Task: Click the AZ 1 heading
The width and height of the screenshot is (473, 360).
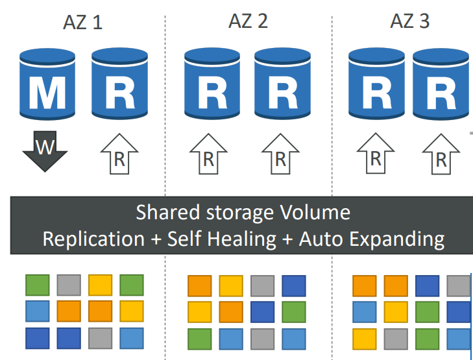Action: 82,22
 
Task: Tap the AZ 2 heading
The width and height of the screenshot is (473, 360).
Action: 248,21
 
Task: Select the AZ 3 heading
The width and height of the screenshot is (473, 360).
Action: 409,21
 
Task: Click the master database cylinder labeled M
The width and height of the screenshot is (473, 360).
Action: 47,84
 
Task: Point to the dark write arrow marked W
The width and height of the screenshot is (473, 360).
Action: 45,150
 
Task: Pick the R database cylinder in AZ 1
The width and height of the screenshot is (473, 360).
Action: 120,84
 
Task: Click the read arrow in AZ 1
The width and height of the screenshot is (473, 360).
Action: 119,154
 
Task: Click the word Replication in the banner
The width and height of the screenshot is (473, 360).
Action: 93,239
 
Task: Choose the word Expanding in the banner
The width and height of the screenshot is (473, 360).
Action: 397,239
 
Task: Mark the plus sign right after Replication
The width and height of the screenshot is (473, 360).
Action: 156,240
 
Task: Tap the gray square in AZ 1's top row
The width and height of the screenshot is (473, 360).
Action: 69,285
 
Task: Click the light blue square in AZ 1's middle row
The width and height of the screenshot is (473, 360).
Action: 38,311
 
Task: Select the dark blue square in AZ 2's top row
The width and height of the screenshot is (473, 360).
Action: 294,286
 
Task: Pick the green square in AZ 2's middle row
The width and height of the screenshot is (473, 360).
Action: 294,312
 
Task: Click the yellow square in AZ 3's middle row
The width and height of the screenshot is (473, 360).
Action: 396,312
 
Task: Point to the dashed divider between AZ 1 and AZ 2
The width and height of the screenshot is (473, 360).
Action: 165,187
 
